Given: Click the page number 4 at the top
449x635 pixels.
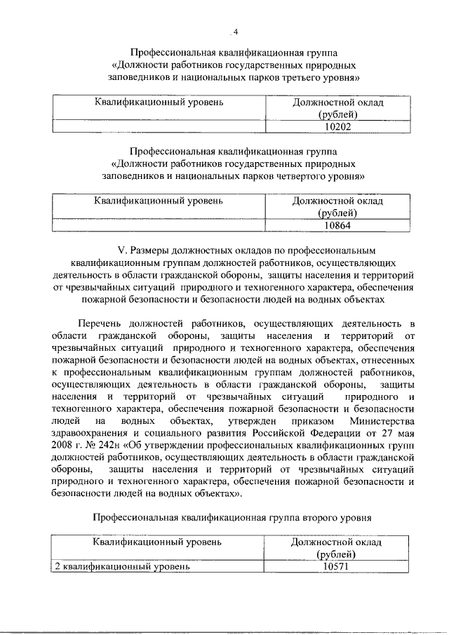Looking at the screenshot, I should click(236, 31).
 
